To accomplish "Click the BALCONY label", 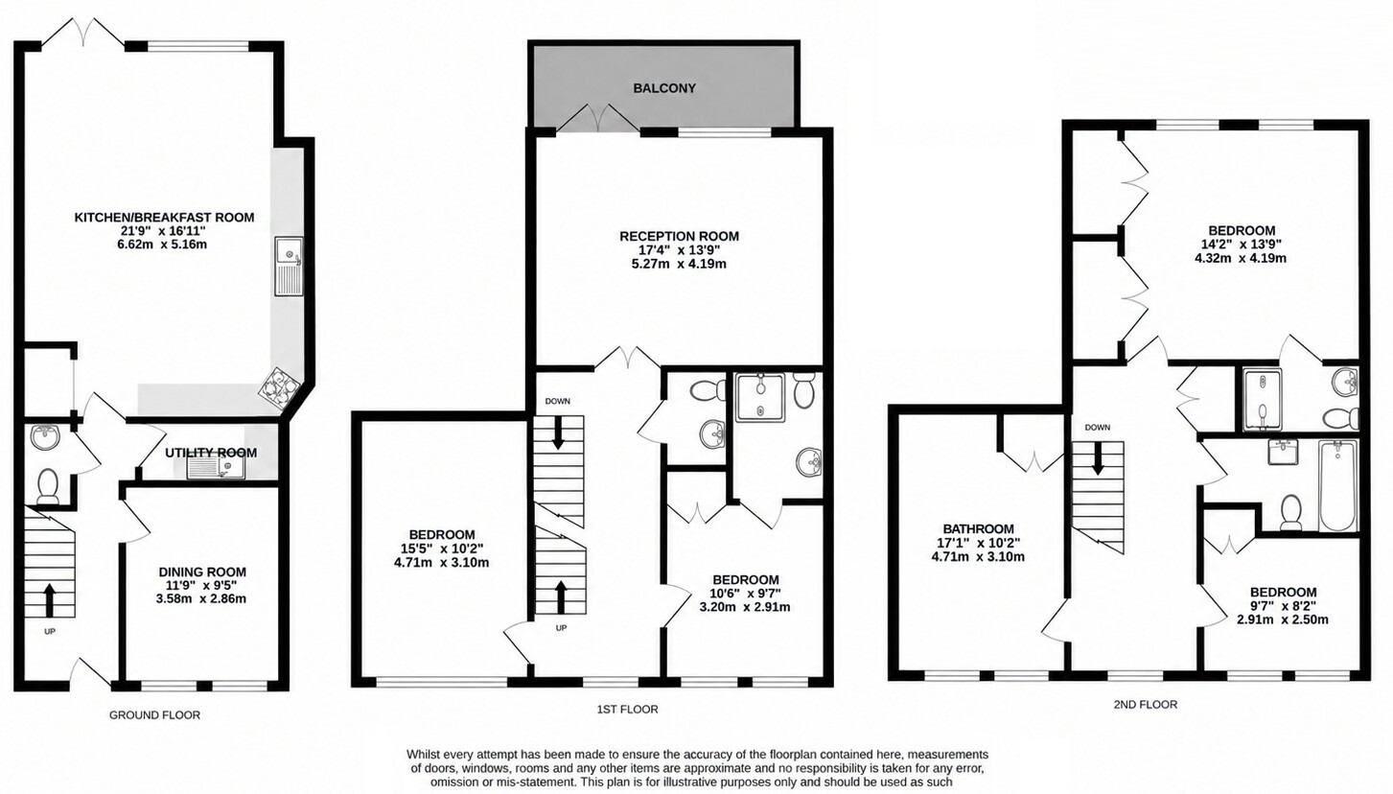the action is pyautogui.click(x=664, y=88).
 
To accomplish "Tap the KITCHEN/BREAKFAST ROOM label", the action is pyautogui.click(x=164, y=217).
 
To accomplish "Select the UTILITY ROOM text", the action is pyautogui.click(x=211, y=453).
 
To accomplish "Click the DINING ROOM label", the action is pyautogui.click(x=202, y=572).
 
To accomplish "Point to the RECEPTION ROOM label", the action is pyautogui.click(x=679, y=237).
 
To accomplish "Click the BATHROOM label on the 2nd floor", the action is pyautogui.click(x=978, y=529).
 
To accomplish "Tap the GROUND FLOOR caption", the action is pyautogui.click(x=155, y=715).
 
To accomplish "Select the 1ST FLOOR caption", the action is pyautogui.click(x=627, y=709).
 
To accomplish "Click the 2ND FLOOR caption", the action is pyautogui.click(x=1145, y=705).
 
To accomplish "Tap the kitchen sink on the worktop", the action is pyautogui.click(x=289, y=267).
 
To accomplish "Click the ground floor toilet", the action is pyautogui.click(x=48, y=486).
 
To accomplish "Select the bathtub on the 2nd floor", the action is pyautogui.click(x=1337, y=486).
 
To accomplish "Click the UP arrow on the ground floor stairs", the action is pyautogui.click(x=50, y=600).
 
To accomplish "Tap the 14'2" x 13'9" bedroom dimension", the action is pyautogui.click(x=1241, y=245).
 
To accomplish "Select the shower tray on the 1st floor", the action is pyautogui.click(x=760, y=398).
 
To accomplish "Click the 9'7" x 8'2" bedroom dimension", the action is pyautogui.click(x=1283, y=606).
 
